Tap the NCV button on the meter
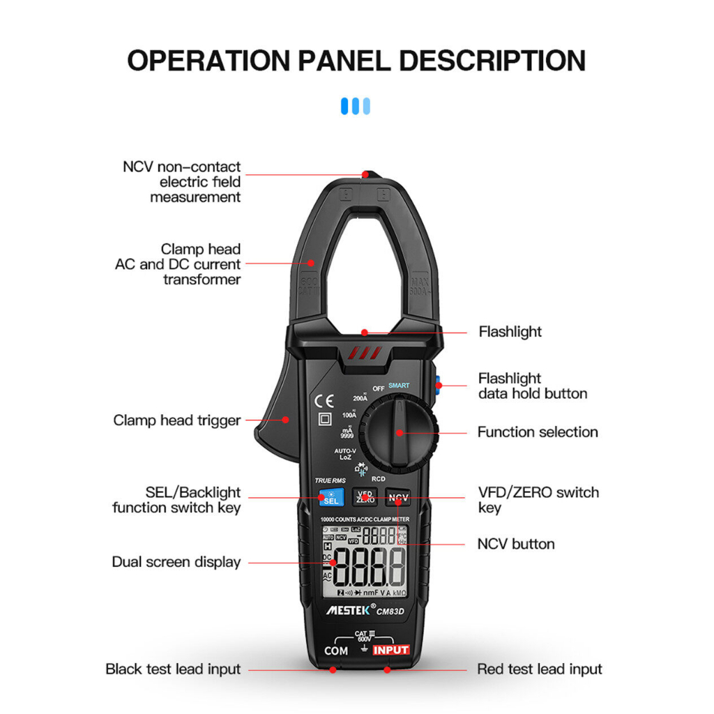(398, 497)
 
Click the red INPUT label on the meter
(390, 650)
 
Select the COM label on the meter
(336, 651)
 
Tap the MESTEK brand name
(347, 609)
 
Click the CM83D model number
(393, 612)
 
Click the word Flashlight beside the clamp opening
(510, 332)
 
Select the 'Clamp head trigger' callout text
(176, 420)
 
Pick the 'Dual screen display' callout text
(176, 562)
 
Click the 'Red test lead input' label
(539, 669)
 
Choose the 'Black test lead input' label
(173, 669)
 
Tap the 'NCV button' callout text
(516, 544)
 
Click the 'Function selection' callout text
(537, 432)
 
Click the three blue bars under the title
(356, 106)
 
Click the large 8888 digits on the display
(369, 566)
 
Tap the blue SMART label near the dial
(399, 386)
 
